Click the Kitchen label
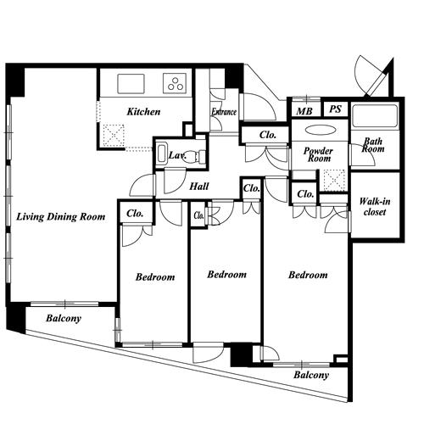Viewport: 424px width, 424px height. point(143,112)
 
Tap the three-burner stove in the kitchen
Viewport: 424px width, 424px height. point(175,83)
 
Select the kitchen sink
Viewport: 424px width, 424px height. point(131,83)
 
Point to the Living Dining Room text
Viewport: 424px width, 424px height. point(61,217)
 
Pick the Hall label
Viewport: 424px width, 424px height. point(199,187)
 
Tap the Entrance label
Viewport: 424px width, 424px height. point(224,112)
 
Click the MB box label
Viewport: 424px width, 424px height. point(304,111)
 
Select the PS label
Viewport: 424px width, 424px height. point(336,109)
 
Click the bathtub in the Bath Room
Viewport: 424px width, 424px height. point(375,116)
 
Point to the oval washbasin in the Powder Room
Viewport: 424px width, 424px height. point(321,131)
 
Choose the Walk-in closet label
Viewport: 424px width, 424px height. point(375,207)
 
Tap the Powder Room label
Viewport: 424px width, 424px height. point(319,154)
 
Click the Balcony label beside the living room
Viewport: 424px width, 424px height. point(64,319)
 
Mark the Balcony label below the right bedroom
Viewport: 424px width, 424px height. point(311,375)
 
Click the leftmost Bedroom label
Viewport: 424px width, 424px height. point(155,277)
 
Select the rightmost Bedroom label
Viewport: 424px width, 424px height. point(308,275)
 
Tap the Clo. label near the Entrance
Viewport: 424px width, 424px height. point(268,135)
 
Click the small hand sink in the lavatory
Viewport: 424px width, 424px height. point(162,153)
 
